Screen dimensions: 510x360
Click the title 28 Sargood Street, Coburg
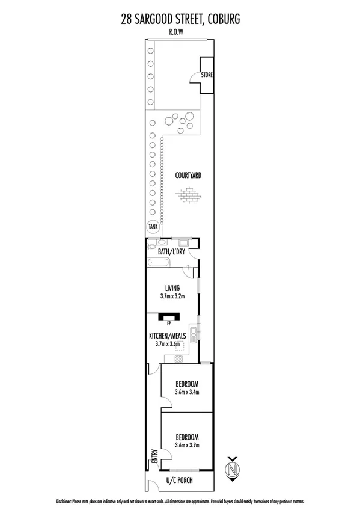[180, 20]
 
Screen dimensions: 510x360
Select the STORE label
[207, 75]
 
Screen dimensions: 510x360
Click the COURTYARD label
[188, 176]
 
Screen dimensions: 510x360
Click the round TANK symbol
[153, 227]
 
